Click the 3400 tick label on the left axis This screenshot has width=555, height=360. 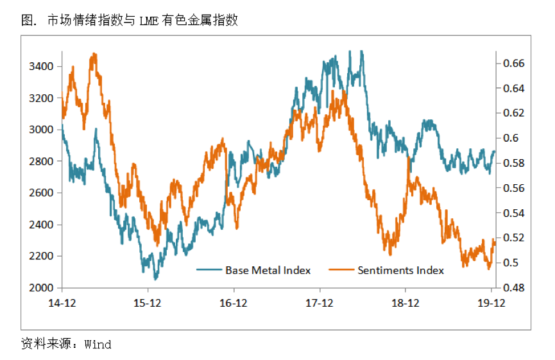[40, 66]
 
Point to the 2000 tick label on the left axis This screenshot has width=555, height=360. [40, 287]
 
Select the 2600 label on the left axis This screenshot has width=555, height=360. [40, 193]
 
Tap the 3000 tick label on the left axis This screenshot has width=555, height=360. [40, 130]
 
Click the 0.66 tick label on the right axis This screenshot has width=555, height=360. [513, 64]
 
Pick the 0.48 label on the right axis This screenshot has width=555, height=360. [513, 287]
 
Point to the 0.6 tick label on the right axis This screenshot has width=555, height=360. [511, 138]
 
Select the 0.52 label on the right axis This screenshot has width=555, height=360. [513, 237]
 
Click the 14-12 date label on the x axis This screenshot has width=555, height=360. [62, 304]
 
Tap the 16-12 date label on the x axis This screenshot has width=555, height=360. [234, 304]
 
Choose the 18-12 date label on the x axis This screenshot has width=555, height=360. [406, 304]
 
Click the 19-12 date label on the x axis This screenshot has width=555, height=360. [491, 304]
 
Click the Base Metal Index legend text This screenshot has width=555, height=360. [268, 270]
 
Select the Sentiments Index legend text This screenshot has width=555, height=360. [400, 270]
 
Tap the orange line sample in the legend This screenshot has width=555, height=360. [341, 270]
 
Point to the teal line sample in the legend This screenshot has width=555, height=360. [209, 270]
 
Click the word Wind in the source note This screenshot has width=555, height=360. [98, 344]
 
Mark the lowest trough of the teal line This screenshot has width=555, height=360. [155, 280]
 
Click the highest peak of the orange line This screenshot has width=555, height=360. [94, 54]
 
